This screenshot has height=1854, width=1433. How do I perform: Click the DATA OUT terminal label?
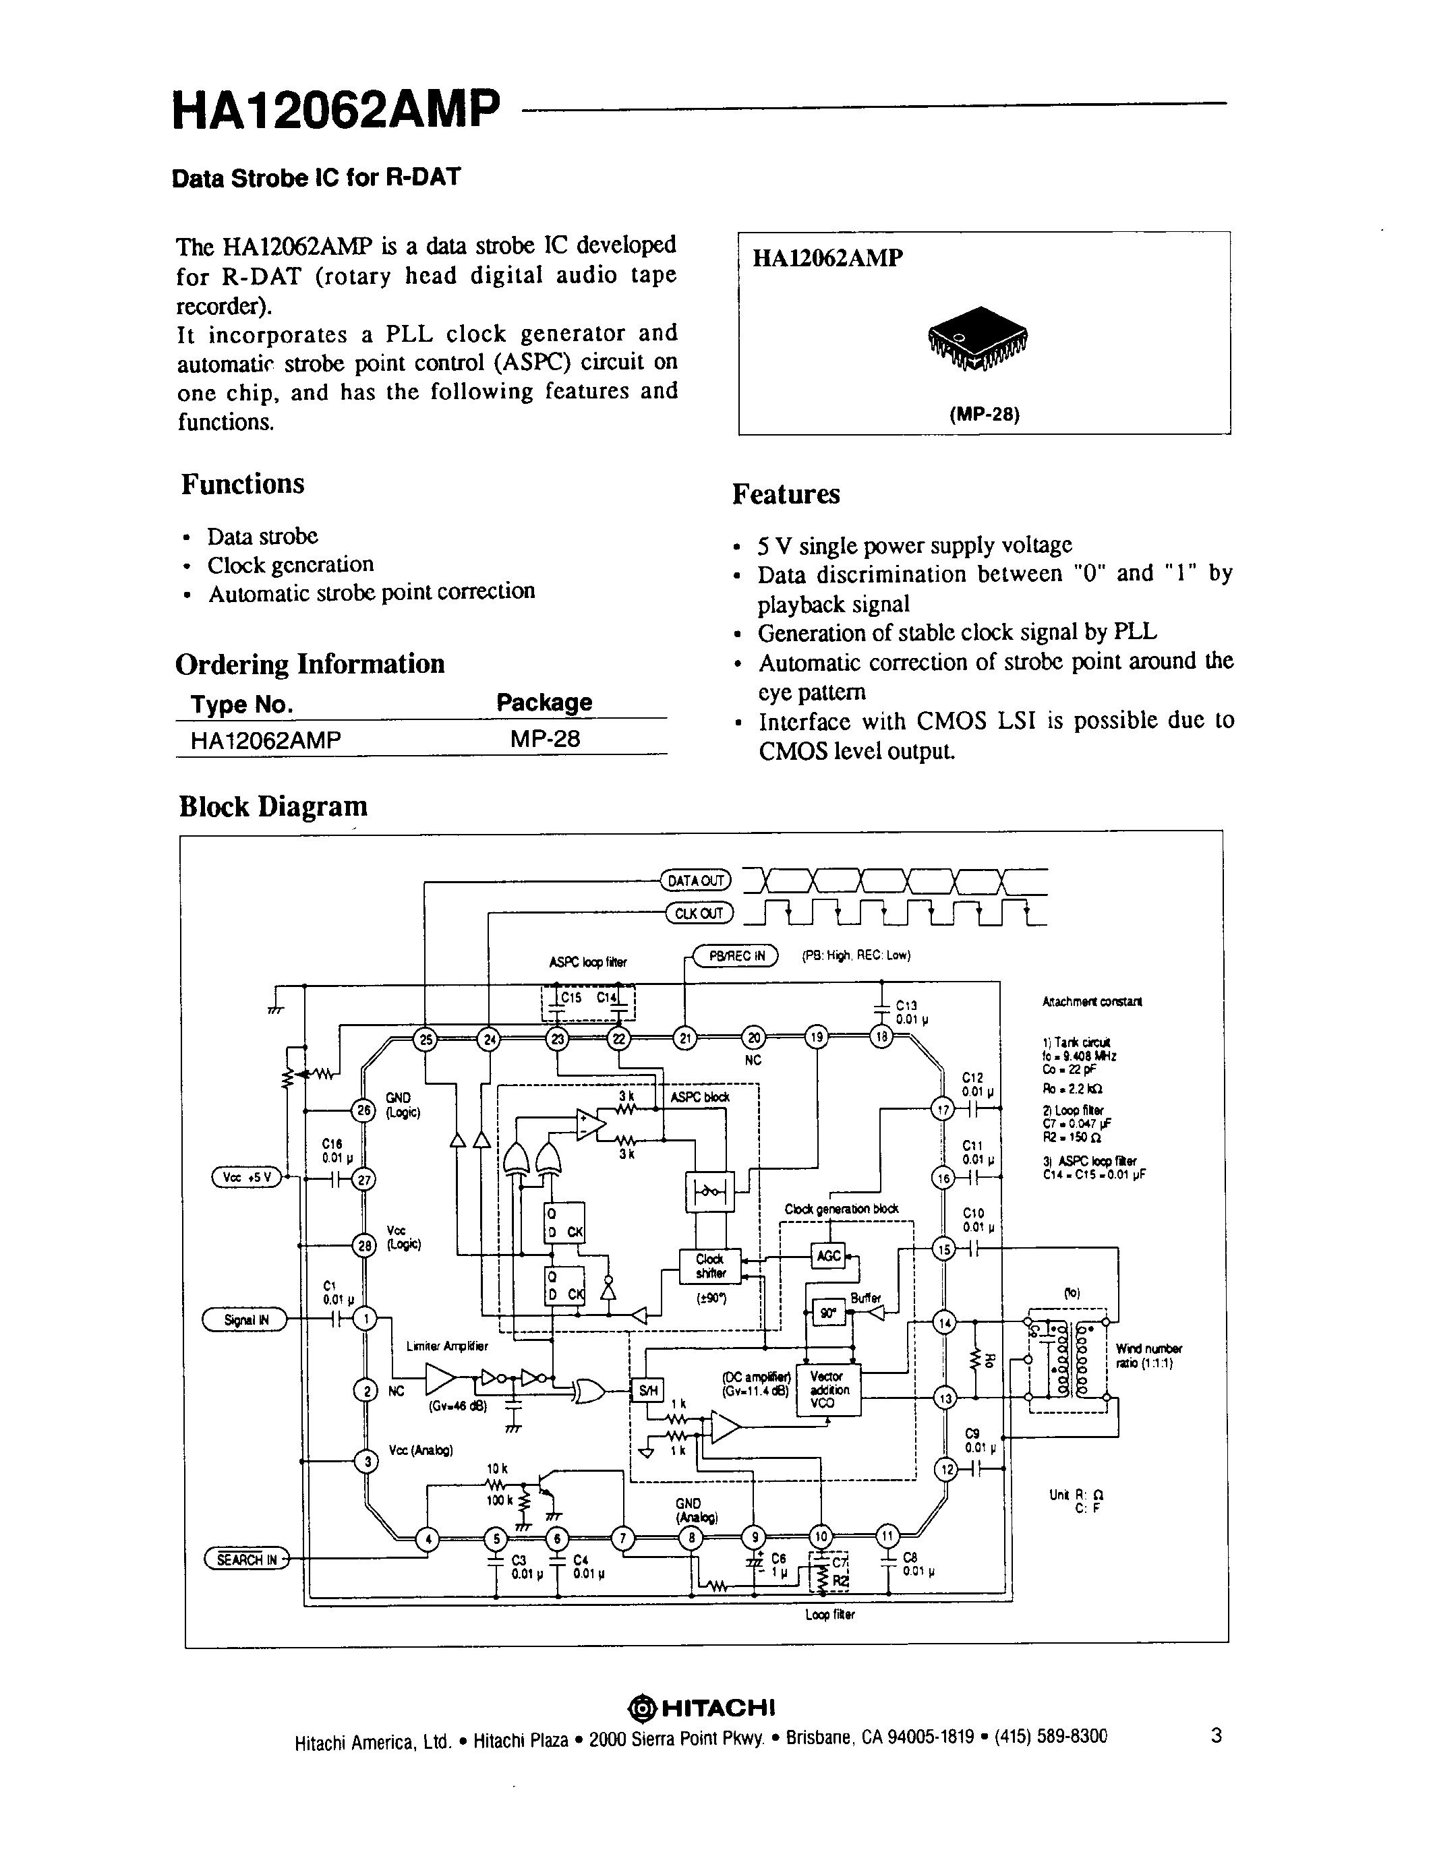pyautogui.click(x=695, y=880)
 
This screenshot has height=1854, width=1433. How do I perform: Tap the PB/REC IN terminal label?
pyautogui.click(x=736, y=956)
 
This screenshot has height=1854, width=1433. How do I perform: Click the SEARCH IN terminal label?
pyautogui.click(x=246, y=1559)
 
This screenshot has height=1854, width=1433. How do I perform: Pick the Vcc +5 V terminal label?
pyautogui.click(x=246, y=1176)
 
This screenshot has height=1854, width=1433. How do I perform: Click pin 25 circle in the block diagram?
pyautogui.click(x=426, y=1038)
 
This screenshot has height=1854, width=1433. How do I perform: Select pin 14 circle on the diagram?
pyautogui.click(x=945, y=1323)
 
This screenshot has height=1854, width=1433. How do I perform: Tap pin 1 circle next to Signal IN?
pyautogui.click(x=365, y=1318)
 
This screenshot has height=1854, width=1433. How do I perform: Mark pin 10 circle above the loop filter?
pyautogui.click(x=821, y=1535)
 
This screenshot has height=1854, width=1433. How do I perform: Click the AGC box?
pyautogui.click(x=827, y=1255)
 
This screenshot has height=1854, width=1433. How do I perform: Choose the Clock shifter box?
pyautogui.click(x=709, y=1265)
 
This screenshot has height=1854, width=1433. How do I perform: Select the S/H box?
pyautogui.click(x=648, y=1390)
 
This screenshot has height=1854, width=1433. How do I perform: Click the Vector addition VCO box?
pyautogui.click(x=827, y=1389)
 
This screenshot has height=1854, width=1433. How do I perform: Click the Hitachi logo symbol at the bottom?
pyautogui.click(x=641, y=1707)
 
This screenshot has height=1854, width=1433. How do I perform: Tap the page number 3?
pyautogui.click(x=1216, y=1735)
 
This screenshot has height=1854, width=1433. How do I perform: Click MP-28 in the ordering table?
pyautogui.click(x=545, y=738)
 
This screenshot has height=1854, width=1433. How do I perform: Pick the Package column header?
pyautogui.click(x=544, y=702)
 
